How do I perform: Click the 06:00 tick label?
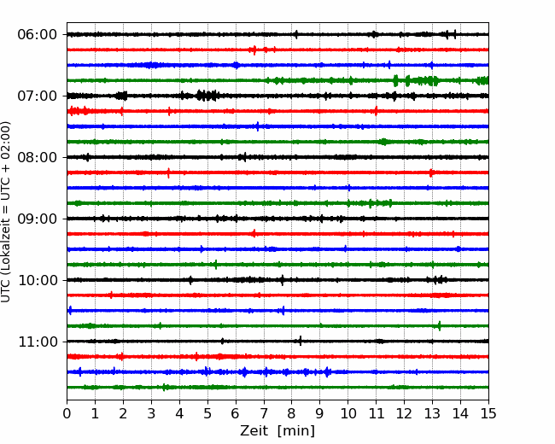click(x=37, y=35)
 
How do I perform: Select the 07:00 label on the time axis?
click(x=37, y=96)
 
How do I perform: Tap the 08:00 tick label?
click(x=37, y=157)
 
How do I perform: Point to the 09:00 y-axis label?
click(x=37, y=219)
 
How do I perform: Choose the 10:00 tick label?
click(x=37, y=280)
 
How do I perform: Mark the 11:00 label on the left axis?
click(x=37, y=342)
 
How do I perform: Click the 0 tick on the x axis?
click(x=67, y=413)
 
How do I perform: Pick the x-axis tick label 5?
click(x=207, y=413)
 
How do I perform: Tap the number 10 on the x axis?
click(x=348, y=413)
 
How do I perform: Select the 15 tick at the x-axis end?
click(x=488, y=413)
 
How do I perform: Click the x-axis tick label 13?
click(x=432, y=413)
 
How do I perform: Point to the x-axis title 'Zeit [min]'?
click(x=277, y=431)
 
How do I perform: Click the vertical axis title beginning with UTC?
click(x=6, y=212)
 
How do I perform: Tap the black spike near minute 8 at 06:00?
click(x=296, y=34)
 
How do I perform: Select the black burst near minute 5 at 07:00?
click(x=207, y=96)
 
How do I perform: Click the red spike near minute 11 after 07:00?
click(x=376, y=111)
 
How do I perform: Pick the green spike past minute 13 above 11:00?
click(x=440, y=325)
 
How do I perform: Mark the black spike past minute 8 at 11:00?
click(x=301, y=341)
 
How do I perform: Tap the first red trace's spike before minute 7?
click(x=254, y=50)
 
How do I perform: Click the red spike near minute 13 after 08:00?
click(x=430, y=172)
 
